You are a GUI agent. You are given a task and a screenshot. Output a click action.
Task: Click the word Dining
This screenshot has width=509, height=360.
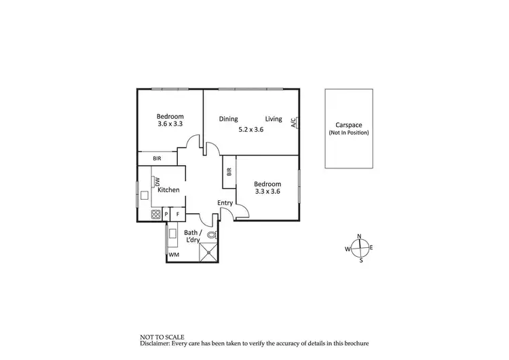(228, 119)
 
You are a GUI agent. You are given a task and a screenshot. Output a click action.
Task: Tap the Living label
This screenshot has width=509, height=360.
(273, 119)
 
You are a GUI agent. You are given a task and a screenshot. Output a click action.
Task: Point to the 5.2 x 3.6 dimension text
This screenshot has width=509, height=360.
(250, 129)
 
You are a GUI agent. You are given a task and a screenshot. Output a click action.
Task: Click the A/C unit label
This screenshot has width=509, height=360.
(294, 123)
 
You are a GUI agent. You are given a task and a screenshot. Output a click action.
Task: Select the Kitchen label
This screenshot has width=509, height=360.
(168, 190)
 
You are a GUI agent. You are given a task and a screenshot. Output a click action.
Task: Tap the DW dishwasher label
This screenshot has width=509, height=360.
(157, 181)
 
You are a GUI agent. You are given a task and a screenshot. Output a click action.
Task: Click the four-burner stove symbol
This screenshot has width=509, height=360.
(155, 214)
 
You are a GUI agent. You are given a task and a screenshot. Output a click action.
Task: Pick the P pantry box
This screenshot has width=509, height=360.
(166, 214)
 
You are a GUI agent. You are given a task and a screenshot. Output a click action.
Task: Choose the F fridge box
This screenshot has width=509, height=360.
(177, 214)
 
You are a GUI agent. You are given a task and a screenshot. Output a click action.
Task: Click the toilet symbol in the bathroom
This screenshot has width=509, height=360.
(211, 235)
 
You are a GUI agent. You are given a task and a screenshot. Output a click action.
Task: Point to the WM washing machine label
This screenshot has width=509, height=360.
(174, 255)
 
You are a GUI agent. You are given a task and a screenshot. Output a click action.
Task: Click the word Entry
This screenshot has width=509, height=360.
(225, 203)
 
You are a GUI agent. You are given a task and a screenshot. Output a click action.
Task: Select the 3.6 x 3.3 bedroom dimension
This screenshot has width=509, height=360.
(170, 125)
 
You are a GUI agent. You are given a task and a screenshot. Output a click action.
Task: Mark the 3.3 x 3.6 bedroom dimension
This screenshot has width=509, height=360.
(267, 192)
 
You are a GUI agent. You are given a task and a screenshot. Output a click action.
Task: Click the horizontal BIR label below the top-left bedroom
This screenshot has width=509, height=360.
(157, 159)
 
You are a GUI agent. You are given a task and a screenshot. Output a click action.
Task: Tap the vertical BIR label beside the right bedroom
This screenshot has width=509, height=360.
(229, 172)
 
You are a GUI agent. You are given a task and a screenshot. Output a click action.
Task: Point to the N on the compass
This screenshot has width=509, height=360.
(360, 237)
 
